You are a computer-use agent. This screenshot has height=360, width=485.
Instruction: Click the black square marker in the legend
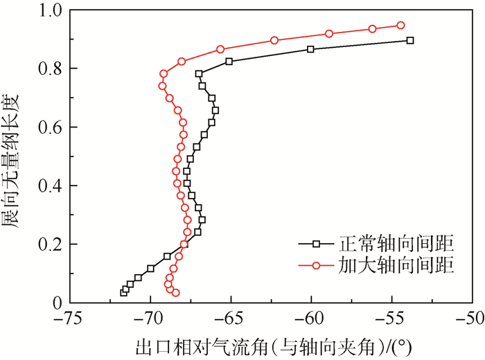[315, 244]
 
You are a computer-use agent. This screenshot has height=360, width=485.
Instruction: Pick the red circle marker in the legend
[315, 265]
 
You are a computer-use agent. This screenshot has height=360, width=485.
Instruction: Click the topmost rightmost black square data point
[410, 41]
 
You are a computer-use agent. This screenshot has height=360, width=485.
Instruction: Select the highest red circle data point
[400, 26]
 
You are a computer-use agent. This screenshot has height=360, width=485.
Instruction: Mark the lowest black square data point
[124, 293]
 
